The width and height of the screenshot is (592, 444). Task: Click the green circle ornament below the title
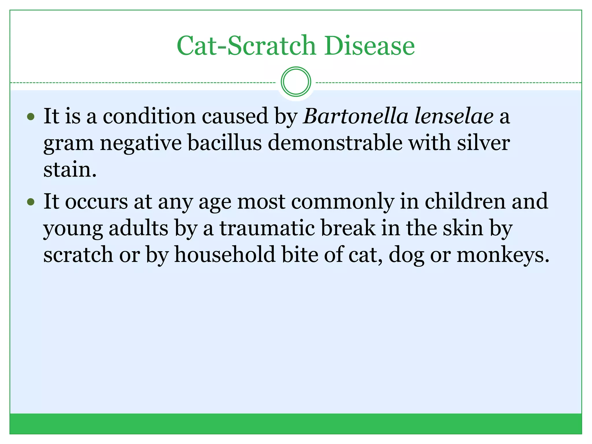point(296,82)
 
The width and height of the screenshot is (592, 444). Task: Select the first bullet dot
point(31,117)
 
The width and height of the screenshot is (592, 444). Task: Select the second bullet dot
point(31,201)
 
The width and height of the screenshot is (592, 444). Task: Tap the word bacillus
point(225,143)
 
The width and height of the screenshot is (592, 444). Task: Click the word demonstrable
point(335,143)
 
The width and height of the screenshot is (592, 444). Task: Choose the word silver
point(483,143)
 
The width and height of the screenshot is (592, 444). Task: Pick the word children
point(465,201)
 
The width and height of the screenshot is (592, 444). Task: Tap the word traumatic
point(267,228)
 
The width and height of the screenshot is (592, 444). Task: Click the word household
point(225,255)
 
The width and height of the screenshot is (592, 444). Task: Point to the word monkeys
point(503,255)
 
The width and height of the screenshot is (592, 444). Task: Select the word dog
point(406,255)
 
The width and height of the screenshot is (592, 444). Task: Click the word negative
point(141,143)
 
